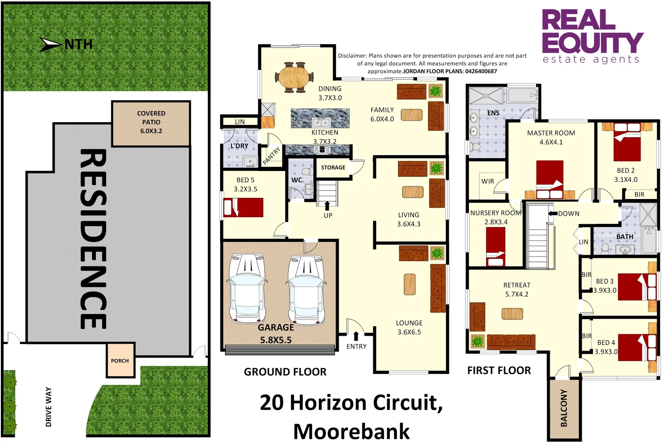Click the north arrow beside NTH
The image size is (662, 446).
51,44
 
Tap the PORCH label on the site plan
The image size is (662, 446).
120,361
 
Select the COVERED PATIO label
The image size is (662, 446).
151,122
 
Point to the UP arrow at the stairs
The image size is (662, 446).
327,206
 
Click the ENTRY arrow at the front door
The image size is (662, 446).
356,336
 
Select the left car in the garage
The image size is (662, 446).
247,288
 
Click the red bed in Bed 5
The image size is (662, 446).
243,207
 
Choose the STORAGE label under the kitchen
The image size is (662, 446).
333,167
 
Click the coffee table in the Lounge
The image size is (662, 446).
410,285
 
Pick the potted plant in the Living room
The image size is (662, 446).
437,168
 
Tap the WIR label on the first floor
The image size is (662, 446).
488,181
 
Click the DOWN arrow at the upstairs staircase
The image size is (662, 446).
553,214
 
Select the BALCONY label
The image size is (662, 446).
564,408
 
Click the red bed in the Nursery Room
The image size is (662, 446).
495,247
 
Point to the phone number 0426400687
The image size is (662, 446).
481,71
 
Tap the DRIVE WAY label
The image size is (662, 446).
49,407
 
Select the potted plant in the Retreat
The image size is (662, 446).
477,342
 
